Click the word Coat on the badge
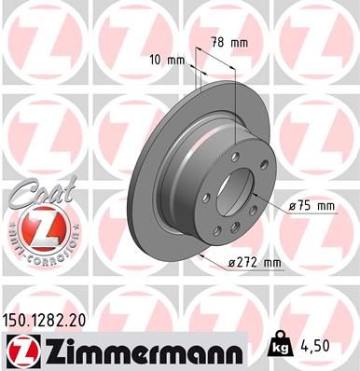tap(37, 193)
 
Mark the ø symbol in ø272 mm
tap(233, 264)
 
